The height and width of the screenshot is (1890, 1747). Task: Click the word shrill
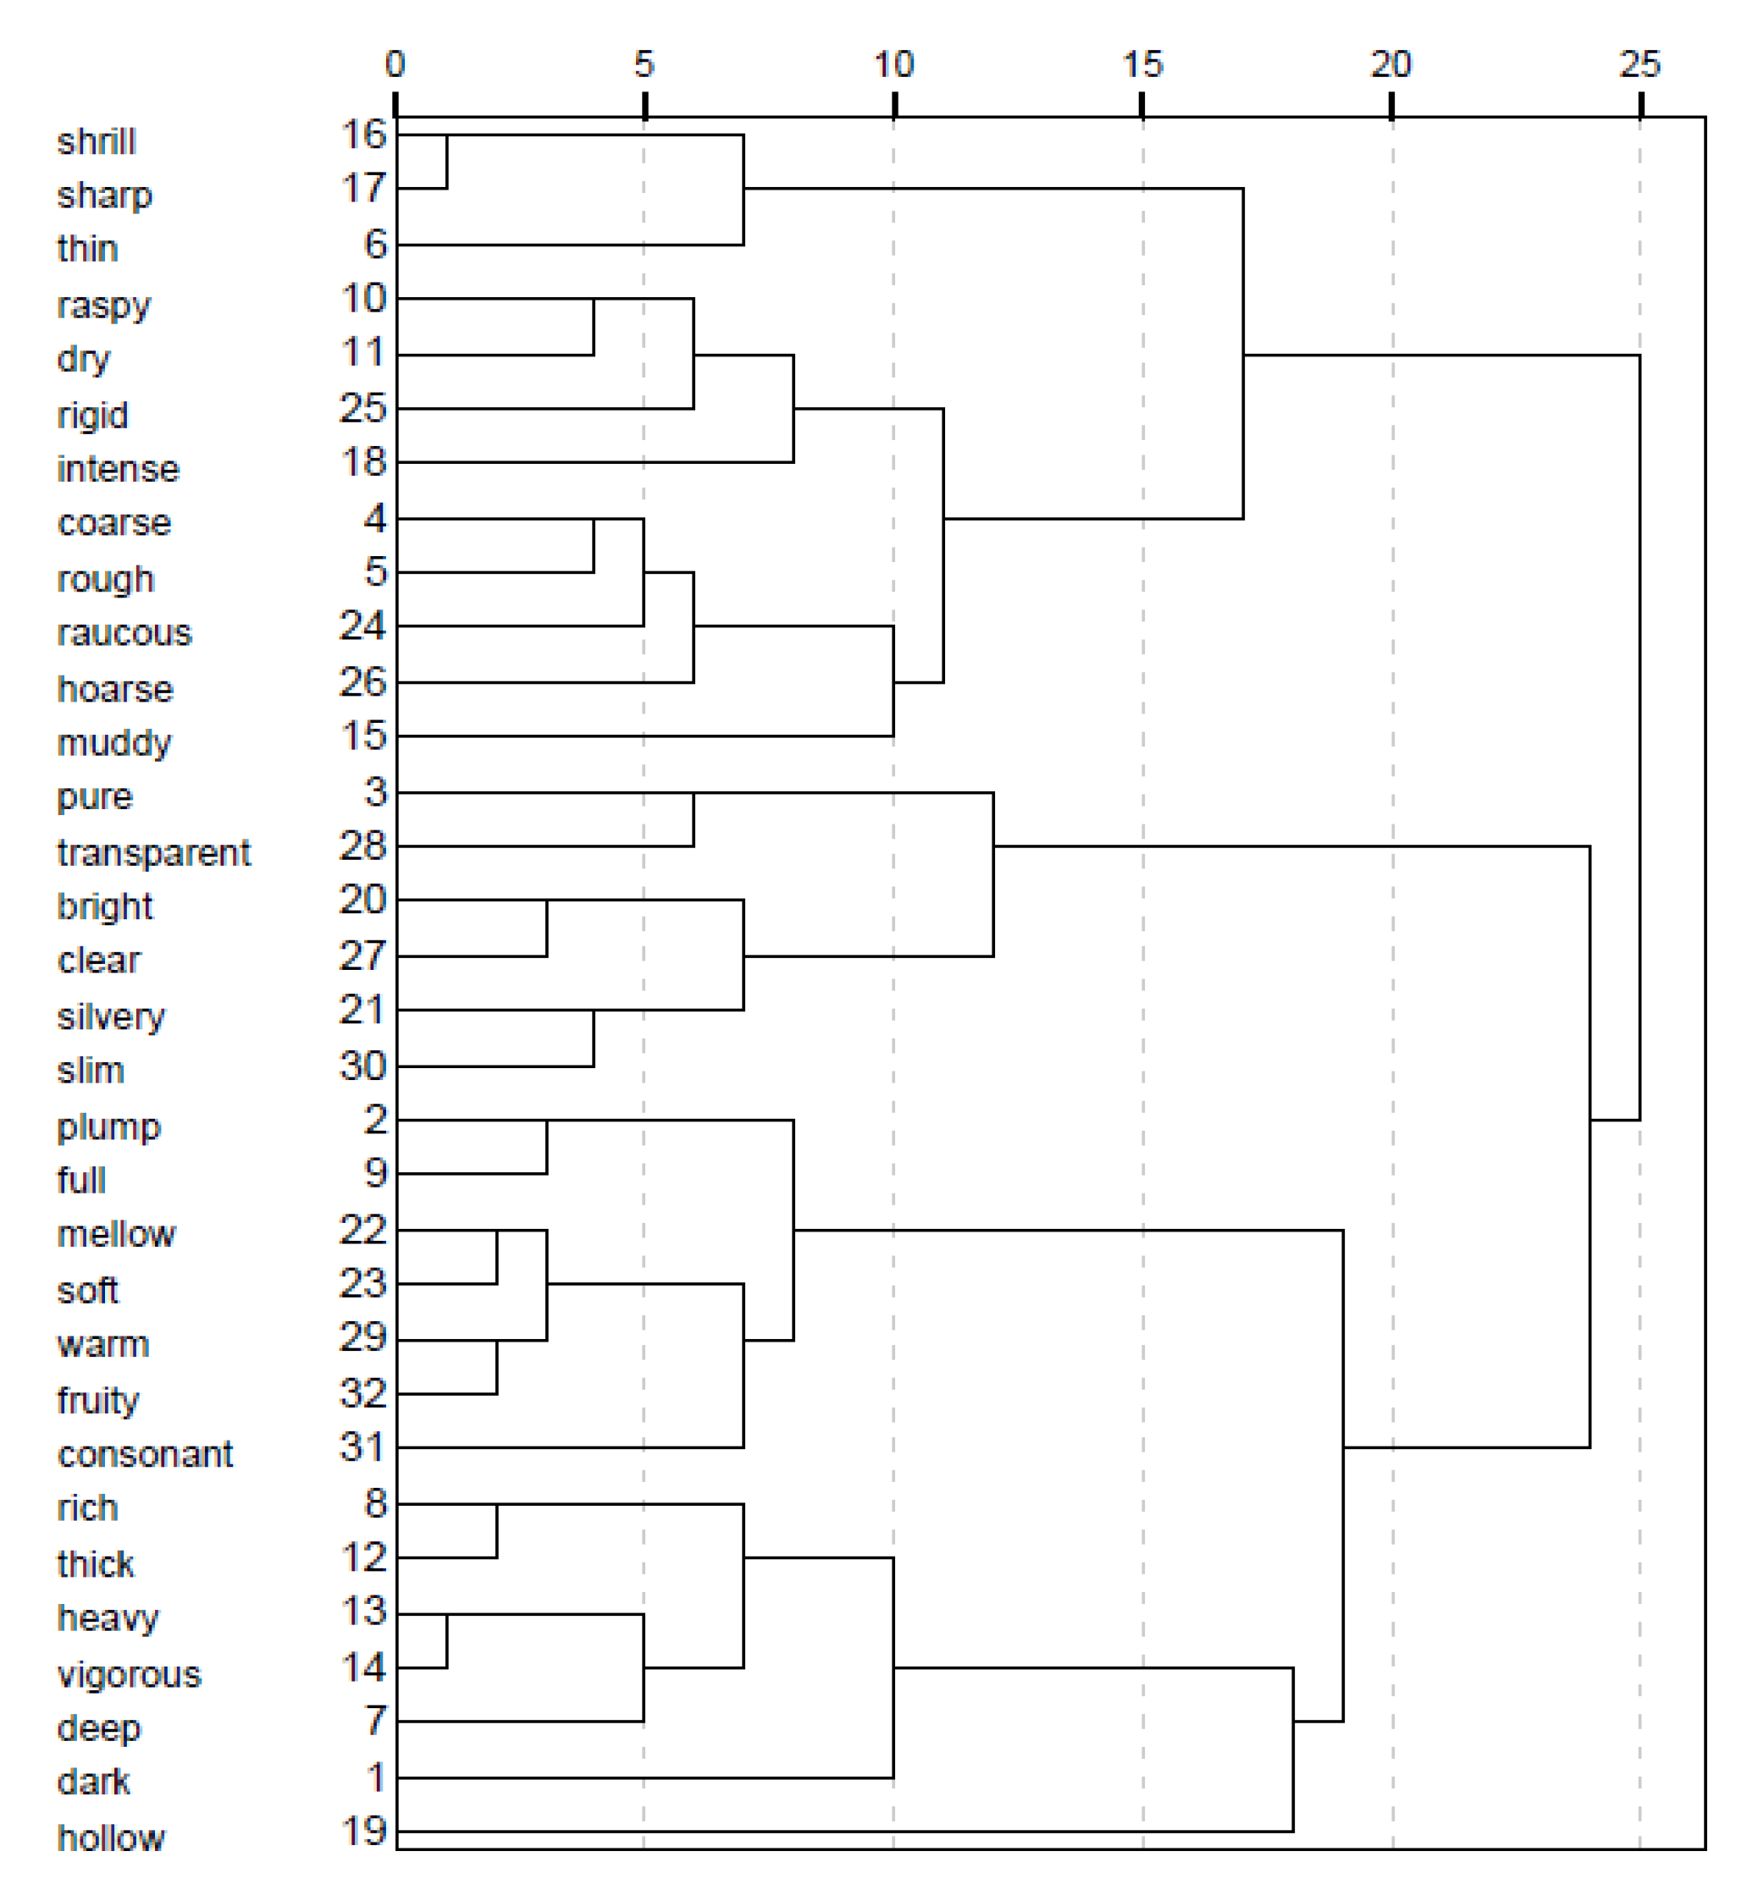click(x=97, y=141)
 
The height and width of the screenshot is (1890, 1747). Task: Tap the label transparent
click(x=153, y=852)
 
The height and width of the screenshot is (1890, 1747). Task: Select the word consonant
click(x=145, y=1453)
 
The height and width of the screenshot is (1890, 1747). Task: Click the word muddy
click(x=114, y=743)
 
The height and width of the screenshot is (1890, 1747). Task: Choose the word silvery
click(x=111, y=1017)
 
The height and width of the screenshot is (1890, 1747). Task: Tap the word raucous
click(x=124, y=633)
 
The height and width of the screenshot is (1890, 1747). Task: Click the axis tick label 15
click(x=1142, y=64)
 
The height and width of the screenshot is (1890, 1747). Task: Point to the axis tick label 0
click(x=395, y=64)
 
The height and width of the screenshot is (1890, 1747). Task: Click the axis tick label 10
click(x=893, y=64)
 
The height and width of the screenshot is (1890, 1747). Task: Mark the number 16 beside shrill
click(x=364, y=135)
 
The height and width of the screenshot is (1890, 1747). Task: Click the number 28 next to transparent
click(x=364, y=845)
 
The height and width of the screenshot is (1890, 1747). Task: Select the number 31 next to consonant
click(x=364, y=1446)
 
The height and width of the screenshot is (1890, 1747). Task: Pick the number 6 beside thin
click(x=375, y=244)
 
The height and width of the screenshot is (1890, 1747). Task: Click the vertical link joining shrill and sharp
click(x=446, y=162)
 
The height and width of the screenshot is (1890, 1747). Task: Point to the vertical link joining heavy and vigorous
click(x=446, y=1640)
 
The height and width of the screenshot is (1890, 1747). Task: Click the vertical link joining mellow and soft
click(x=496, y=1257)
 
